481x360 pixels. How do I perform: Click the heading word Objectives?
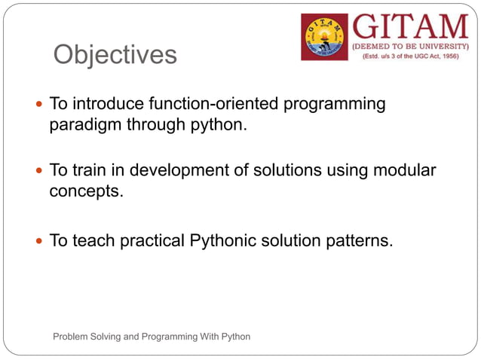(115, 55)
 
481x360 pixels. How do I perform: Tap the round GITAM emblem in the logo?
(325, 37)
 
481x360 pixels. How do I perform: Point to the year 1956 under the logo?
(446, 56)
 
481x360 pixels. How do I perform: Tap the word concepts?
(85, 192)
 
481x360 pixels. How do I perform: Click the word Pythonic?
(227, 241)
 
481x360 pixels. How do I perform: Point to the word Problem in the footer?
(70, 336)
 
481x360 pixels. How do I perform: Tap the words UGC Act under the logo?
(409, 56)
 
